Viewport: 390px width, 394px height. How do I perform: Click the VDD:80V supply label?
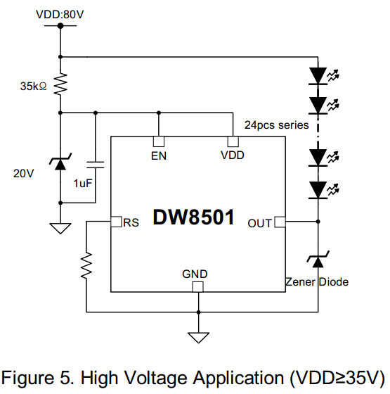point(60,14)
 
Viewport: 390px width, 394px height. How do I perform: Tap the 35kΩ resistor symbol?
point(60,84)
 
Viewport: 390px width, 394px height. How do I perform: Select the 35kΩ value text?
point(34,86)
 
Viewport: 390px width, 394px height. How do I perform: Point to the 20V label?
point(23,173)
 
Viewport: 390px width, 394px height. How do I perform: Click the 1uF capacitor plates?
point(96,165)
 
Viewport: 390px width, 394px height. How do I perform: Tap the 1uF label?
point(83,183)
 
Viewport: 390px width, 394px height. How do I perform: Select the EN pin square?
point(159,141)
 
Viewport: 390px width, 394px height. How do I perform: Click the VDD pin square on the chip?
point(233,141)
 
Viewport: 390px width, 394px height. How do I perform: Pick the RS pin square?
point(116,222)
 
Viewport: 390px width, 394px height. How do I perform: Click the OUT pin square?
point(280,222)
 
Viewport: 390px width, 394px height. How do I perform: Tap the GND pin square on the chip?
point(197,287)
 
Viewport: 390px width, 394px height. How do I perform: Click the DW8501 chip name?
point(194,217)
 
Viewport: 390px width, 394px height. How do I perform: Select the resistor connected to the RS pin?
point(86,265)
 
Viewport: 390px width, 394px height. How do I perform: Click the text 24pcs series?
point(277,125)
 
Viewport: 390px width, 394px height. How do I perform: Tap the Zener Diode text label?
point(317,282)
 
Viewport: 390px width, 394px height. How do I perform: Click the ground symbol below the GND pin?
point(198,338)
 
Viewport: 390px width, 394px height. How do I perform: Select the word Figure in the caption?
point(27,379)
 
